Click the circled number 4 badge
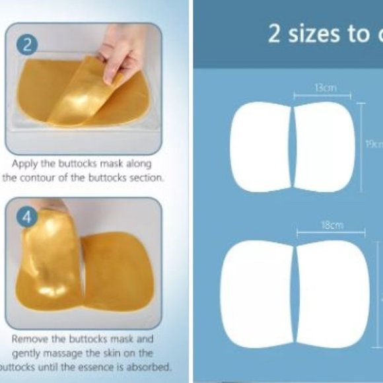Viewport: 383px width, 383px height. click(28, 217)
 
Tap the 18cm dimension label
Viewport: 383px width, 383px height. click(331, 225)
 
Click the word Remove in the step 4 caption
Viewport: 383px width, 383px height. click(31, 338)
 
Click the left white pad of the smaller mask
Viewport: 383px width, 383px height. click(260, 147)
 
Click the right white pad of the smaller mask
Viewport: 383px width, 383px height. click(324, 147)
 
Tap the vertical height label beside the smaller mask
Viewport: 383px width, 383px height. click(374, 145)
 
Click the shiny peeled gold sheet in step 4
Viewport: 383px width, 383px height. click(51, 264)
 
